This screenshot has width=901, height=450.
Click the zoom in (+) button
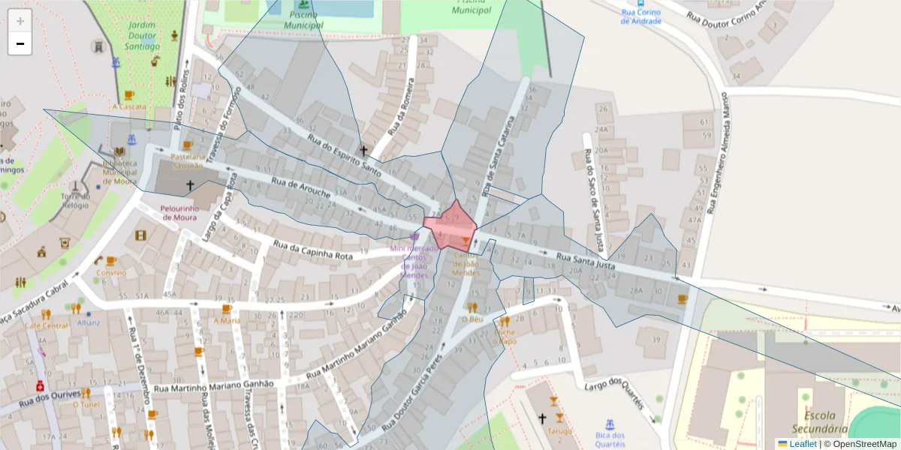(x=20, y=21)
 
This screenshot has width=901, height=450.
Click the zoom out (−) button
(x=20, y=43)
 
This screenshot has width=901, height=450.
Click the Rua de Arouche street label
(x=300, y=187)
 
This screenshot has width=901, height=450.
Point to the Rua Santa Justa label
(x=586, y=261)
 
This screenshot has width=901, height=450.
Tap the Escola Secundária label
(x=824, y=422)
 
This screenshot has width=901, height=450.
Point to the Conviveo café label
(x=111, y=273)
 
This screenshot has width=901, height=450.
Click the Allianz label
(x=89, y=322)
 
